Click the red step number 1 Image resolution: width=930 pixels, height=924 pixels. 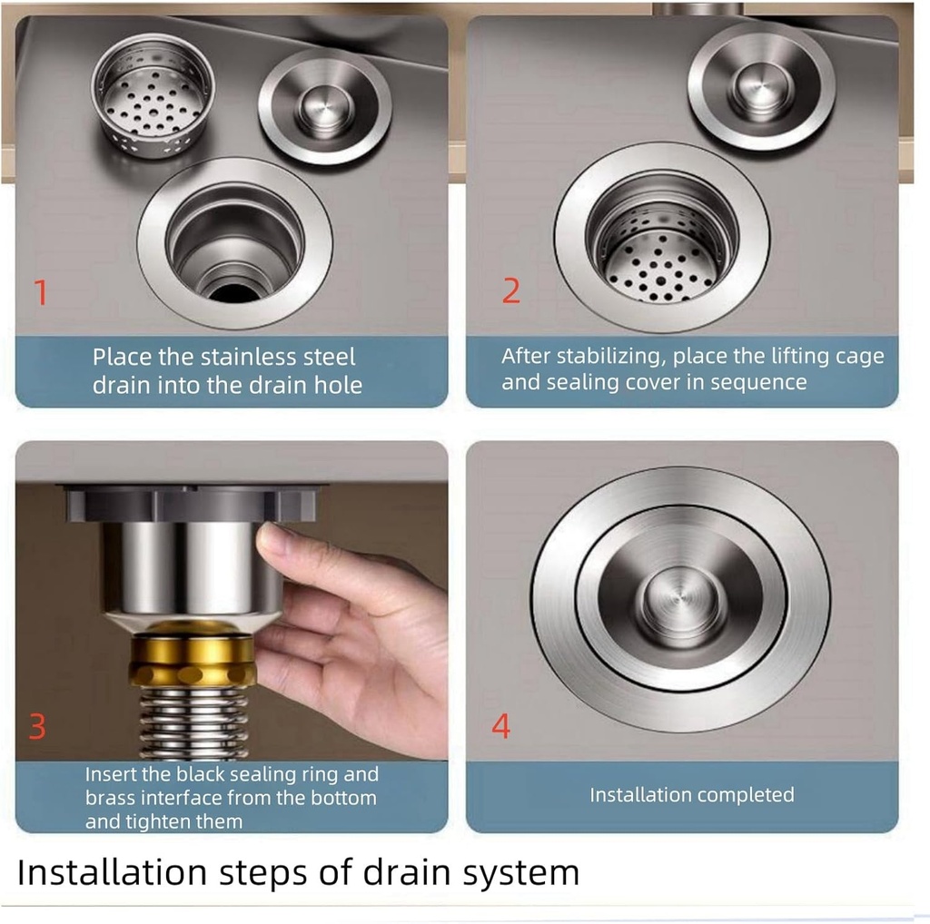(40, 293)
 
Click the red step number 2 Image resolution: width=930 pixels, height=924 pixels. (511, 290)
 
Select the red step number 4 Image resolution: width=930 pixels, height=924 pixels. (500, 726)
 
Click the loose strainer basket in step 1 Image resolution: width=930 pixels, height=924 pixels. (153, 95)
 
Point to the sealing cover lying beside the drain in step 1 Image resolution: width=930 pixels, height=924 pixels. (324, 106)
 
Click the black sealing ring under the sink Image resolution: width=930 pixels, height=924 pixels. (191, 502)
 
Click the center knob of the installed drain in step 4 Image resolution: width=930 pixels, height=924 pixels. (679, 599)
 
